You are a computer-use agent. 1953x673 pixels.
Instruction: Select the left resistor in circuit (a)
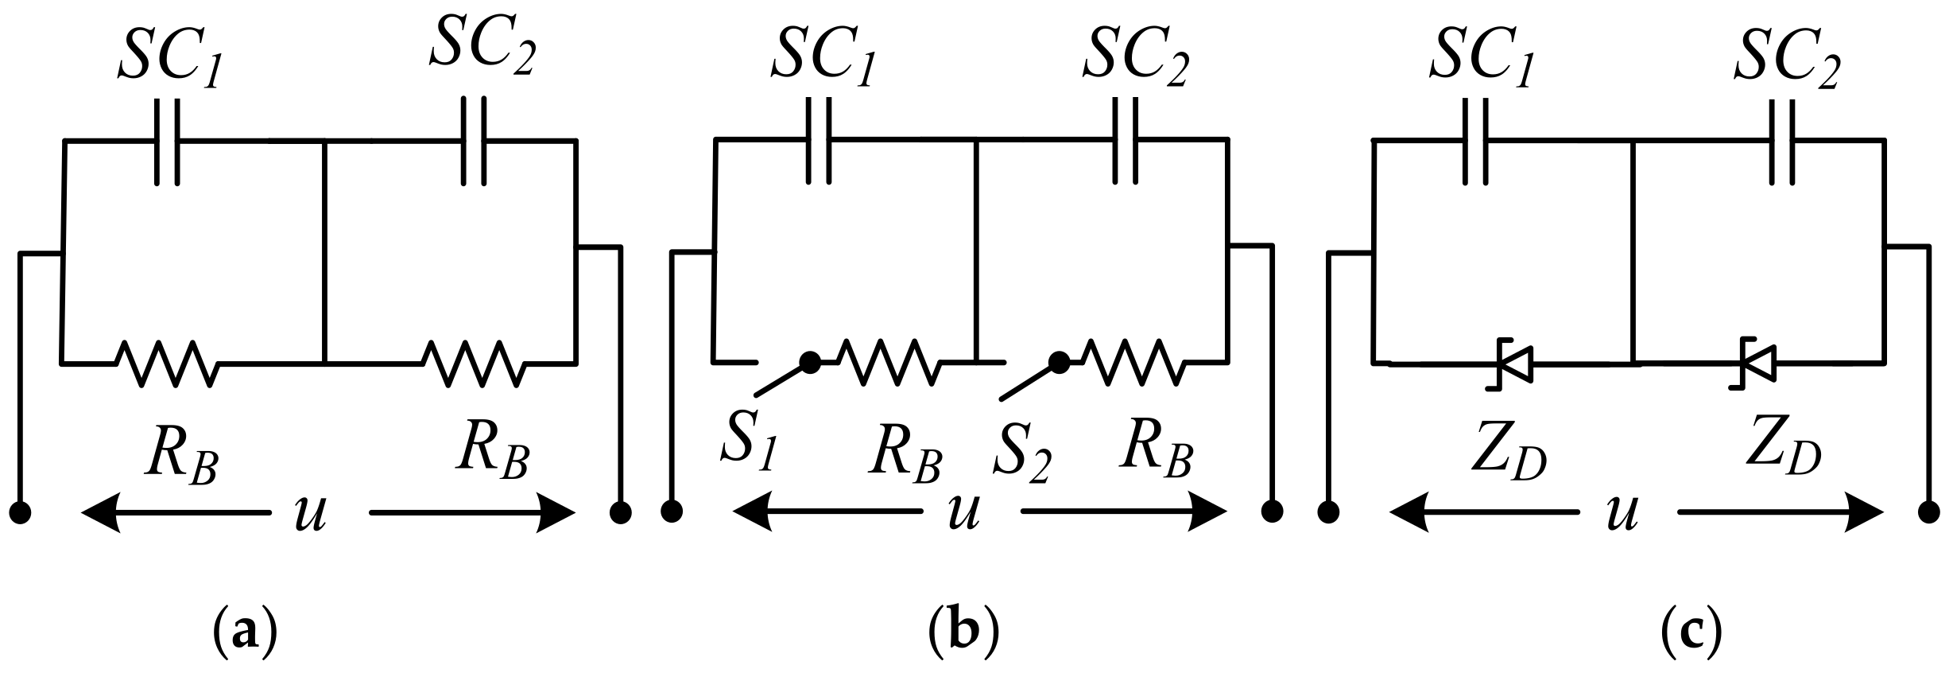167,364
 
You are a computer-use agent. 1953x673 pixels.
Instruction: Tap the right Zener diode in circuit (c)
1755,364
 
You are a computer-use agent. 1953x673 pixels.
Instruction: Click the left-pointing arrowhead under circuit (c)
1409,512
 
